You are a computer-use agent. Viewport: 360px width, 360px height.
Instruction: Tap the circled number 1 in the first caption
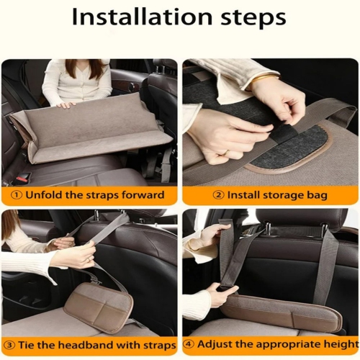click(x=15, y=195)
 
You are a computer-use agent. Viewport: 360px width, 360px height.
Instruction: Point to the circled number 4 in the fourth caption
click(x=188, y=344)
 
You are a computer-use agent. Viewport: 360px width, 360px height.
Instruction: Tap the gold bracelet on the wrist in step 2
click(x=264, y=77)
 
